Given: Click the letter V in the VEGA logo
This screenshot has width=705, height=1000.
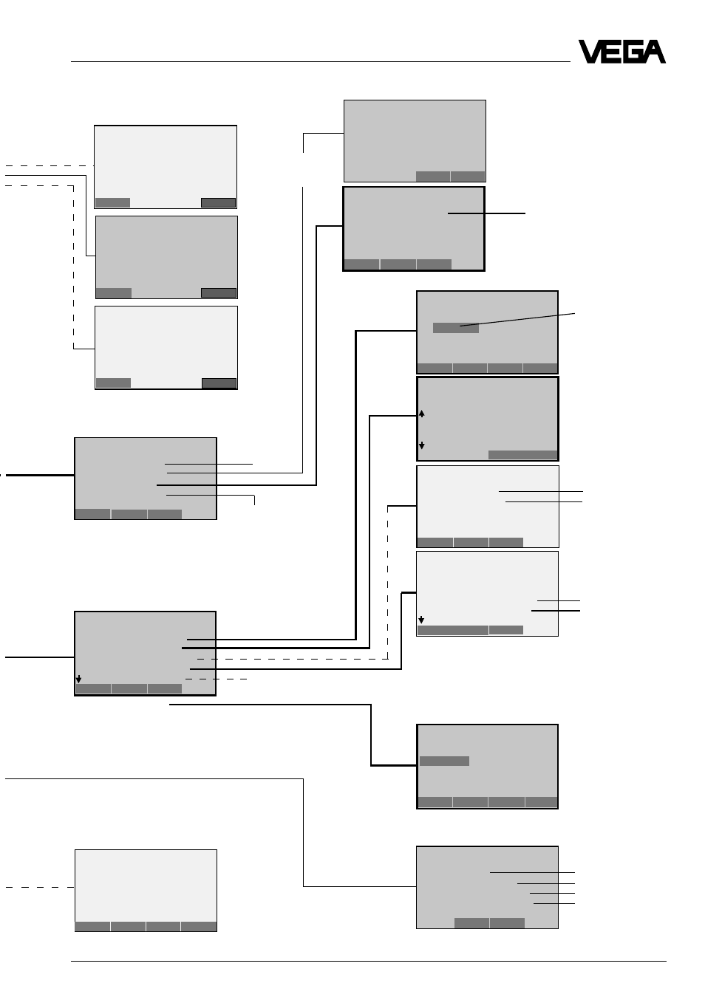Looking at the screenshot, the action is [590, 52].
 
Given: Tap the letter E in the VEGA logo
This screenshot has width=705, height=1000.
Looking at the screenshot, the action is [613, 52].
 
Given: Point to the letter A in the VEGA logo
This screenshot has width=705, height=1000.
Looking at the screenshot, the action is [655, 52].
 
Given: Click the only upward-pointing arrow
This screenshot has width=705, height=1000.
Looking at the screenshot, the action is [421, 414].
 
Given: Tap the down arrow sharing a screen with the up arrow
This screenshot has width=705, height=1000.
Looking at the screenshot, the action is [421, 445].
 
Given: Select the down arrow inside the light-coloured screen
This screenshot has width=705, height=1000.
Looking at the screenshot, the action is [420, 620].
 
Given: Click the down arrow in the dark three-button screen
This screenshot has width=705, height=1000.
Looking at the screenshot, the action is [78, 679].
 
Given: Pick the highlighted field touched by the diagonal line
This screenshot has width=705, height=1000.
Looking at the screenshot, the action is [456, 328].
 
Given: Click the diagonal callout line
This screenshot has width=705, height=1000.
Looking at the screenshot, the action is [517, 320].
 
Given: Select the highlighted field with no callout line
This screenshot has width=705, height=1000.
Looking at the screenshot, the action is [444, 761].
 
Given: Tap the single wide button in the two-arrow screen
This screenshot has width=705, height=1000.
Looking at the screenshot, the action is [522, 454].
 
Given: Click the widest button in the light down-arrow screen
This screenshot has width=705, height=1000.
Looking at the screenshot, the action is [452, 630].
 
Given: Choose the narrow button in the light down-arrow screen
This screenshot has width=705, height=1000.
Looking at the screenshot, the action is [506, 630].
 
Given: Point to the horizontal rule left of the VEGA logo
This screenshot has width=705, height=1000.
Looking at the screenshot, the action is [320, 61].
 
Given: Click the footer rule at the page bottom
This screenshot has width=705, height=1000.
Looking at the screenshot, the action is [369, 961].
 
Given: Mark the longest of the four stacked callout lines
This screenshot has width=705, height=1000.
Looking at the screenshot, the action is [532, 872].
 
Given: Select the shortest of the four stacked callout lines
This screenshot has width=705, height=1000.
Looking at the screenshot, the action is [554, 903].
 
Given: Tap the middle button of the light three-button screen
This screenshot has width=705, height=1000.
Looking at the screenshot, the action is [471, 542].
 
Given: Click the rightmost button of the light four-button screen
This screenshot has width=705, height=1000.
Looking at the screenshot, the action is [199, 927].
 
